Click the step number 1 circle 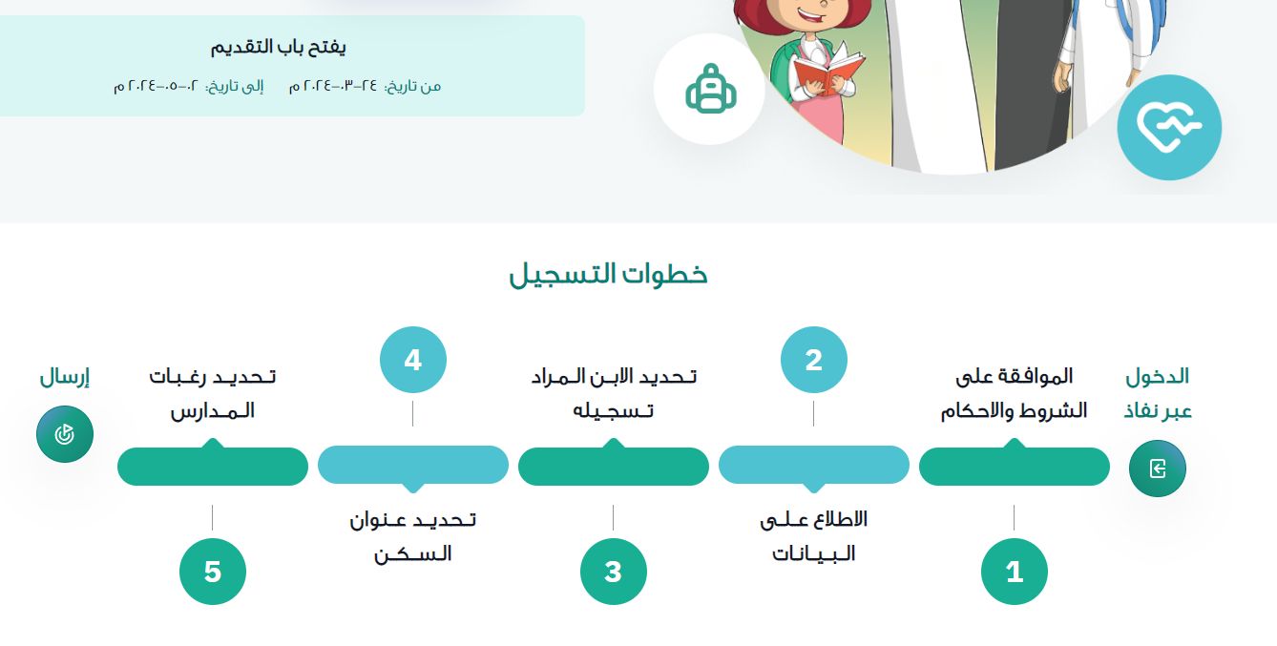pos(1014,572)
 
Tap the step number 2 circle pos(813,360)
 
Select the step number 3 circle pos(613,572)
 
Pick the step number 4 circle pos(412,360)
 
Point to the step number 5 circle pos(212,572)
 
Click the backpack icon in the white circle pos(708,89)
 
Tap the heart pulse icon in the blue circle pos(1168,127)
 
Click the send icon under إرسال pos(65,434)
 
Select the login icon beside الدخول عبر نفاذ pos(1157,469)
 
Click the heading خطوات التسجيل pos(608,275)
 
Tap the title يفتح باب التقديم pos(278,47)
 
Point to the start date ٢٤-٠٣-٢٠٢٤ pos(333,86)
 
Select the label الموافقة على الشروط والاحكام pos(1014,393)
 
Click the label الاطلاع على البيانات pos(813,536)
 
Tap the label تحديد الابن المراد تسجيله pos(613,393)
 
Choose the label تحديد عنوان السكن pos(412,536)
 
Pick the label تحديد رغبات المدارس pos(212,393)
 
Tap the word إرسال pos(64,377)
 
